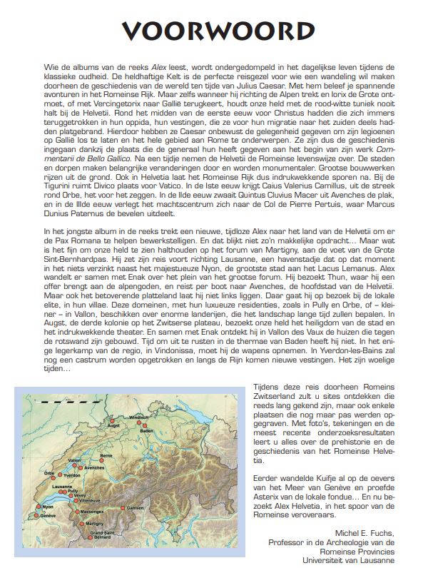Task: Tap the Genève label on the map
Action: (49, 514)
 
